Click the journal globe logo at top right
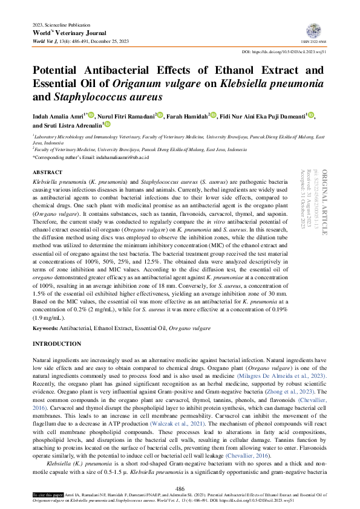click(313, 31)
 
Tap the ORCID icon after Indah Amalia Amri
click(92, 114)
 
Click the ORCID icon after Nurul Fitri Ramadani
click(160, 114)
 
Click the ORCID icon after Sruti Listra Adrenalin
click(108, 124)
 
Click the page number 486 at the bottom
click(180, 488)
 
